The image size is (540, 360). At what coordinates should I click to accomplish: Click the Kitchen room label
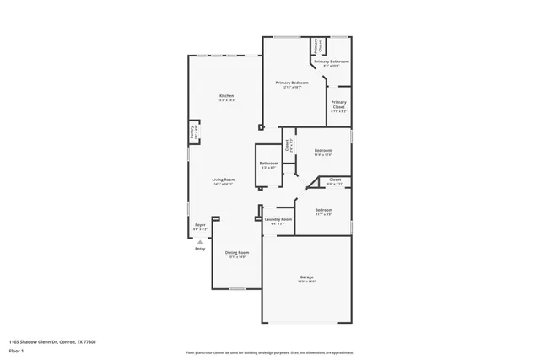coord(226,96)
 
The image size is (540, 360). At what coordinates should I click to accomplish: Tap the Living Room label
coord(224,180)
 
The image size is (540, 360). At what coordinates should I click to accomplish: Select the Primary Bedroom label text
coord(292,83)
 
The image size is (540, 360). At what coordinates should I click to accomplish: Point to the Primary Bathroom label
coord(332,62)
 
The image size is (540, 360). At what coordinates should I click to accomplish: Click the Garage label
coord(306,277)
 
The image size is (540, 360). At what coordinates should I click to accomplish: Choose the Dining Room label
coord(236,252)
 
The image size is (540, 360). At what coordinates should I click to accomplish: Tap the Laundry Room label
coord(278,219)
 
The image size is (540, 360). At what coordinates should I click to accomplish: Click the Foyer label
coord(200,225)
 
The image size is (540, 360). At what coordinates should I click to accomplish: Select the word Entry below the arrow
coord(200,249)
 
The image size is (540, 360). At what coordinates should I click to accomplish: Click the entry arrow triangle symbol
coord(200,240)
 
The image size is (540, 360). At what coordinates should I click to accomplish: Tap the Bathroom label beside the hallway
coord(269,163)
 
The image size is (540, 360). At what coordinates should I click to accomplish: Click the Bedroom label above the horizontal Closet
coord(323,151)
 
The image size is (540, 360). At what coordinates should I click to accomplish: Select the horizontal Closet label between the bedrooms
coord(335,180)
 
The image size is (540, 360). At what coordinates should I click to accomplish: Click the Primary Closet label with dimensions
coord(338,105)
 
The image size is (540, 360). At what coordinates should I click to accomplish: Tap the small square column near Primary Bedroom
coord(261,127)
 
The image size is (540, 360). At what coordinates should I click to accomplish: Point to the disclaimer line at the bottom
coord(270,352)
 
